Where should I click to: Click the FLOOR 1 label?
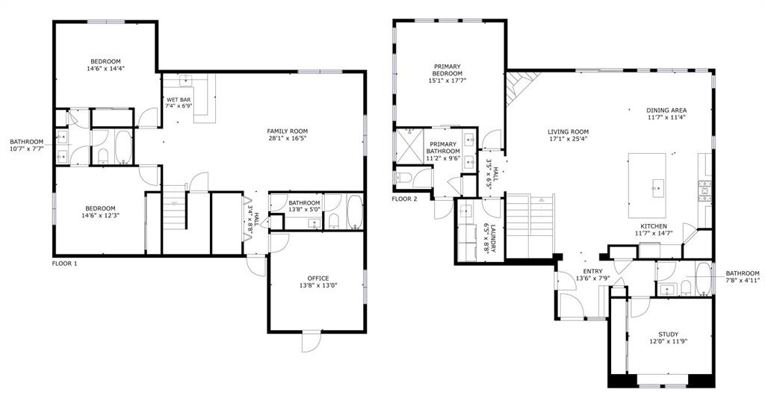tap(64, 263)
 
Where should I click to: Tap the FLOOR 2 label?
tap(404, 198)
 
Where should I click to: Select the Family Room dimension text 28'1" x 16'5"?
tap(288, 138)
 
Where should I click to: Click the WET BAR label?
tap(178, 99)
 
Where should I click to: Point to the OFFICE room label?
tap(318, 278)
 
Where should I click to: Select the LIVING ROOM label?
tap(568, 131)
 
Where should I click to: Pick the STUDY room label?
tap(669, 334)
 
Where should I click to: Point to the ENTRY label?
tap(592, 272)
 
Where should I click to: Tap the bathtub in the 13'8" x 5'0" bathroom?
tap(354, 213)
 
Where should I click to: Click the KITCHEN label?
tap(653, 226)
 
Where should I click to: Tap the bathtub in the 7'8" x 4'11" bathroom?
tap(703, 279)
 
